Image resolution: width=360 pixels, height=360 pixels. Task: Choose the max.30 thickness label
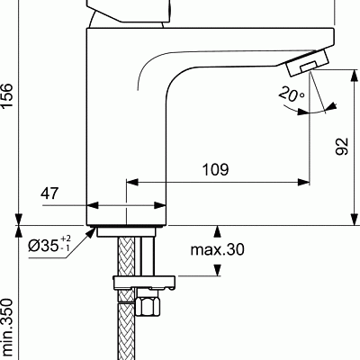coord(217,248)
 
